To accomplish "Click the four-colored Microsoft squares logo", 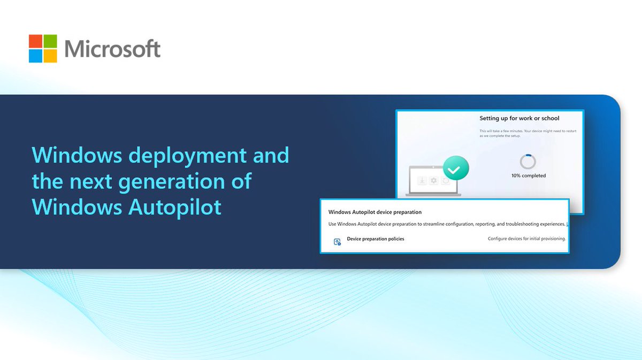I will tap(43, 49).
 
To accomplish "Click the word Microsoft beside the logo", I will tap(112, 49).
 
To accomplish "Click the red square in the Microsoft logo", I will tap(36, 41).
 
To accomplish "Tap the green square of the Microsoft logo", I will tap(50, 41).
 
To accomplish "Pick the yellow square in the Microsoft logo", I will tap(50, 56).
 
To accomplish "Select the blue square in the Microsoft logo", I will tap(36, 56).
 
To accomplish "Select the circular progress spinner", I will tap(528, 162).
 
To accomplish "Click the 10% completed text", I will tap(529, 175).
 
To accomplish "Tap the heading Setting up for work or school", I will tap(519, 118).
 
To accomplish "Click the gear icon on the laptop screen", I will tap(433, 181).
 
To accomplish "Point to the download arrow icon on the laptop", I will tap(422, 181).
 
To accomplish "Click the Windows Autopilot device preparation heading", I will tap(375, 212).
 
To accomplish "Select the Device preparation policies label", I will tap(376, 239).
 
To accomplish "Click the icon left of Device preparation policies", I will tap(337, 242).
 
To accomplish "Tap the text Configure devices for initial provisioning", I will tap(526, 239).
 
